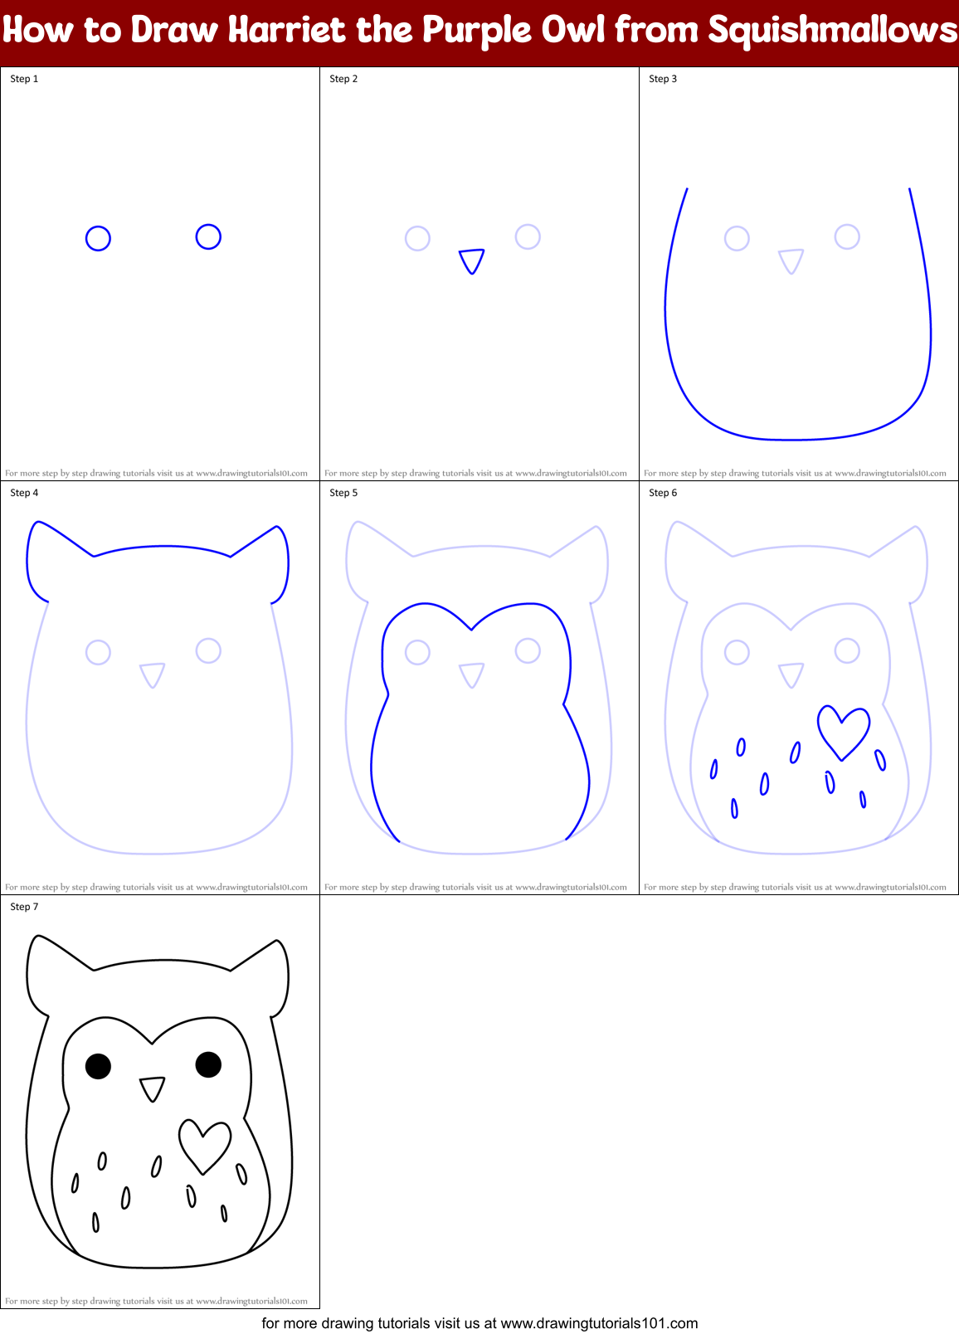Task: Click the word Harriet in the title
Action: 286,31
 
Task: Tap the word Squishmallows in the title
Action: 832,31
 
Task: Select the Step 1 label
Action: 24,79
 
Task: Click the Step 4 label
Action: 24,493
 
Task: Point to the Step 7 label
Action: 24,907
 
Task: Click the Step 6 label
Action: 663,493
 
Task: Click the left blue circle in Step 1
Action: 98,239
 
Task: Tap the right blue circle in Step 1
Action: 208,237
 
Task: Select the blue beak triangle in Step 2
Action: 472,260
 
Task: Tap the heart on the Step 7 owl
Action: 204,1144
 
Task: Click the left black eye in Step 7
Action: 98,1066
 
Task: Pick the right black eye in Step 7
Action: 208,1064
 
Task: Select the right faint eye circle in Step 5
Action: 528,650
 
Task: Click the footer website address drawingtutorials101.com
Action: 599,1323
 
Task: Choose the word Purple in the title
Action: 478,31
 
